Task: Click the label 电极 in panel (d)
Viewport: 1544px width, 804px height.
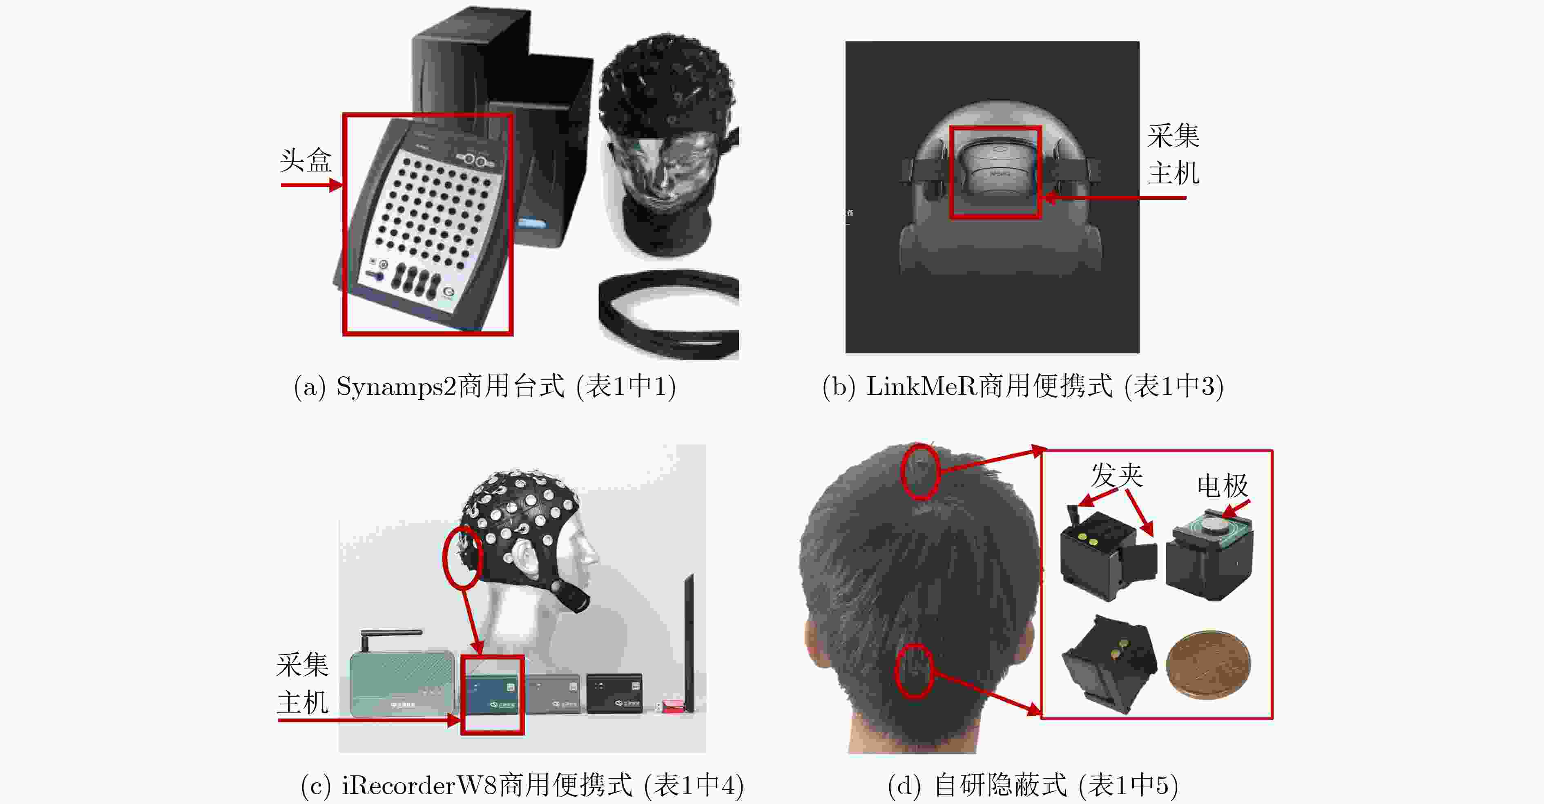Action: point(1223,485)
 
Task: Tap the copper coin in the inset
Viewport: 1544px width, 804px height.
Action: point(1208,664)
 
